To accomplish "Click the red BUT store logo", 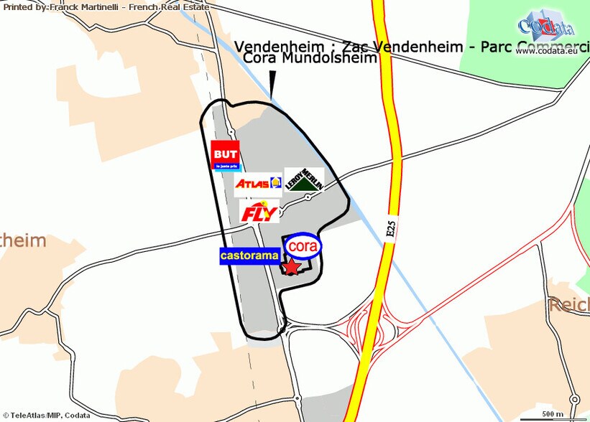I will [226, 156].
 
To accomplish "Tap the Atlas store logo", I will [257, 183].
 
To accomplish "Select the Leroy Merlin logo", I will [303, 179].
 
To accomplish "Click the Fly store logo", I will [258, 212].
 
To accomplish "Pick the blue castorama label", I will [249, 255].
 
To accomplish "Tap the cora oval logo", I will [303, 245].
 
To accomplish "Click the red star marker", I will [292, 267].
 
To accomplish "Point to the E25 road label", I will [390, 228].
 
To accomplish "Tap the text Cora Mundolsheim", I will [310, 59].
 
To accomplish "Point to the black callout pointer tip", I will [272, 93].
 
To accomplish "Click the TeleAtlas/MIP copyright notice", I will [45, 416].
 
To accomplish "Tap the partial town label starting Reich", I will [568, 306].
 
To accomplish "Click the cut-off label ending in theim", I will [23, 241].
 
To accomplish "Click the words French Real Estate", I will [180, 6].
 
